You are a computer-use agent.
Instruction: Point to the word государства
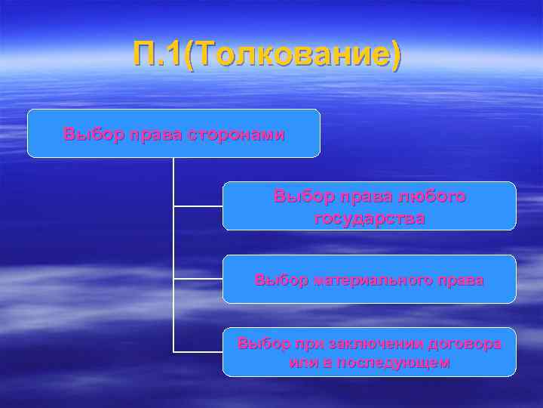tap(369, 218)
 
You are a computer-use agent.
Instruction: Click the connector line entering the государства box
tap(198, 206)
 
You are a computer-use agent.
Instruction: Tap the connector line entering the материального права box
tap(198, 279)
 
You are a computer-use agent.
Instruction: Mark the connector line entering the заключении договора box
tap(198, 351)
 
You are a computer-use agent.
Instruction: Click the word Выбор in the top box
tap(87, 134)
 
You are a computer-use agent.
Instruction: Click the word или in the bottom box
tap(300, 362)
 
